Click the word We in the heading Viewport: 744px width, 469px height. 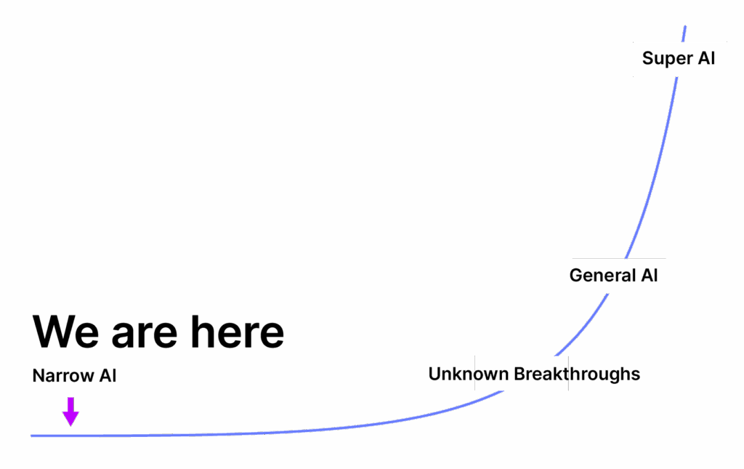tap(66, 332)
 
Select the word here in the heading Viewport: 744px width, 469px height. tap(237, 332)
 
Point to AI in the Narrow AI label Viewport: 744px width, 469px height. tap(108, 376)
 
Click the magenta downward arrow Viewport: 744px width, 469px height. tap(70, 412)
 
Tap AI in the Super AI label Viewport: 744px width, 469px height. tap(707, 58)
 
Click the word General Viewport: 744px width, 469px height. tap(602, 276)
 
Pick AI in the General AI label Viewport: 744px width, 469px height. tap(649, 276)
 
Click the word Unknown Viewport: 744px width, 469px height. tap(468, 374)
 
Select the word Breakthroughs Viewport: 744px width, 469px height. tap(577, 374)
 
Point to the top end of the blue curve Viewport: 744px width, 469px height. tap(684, 27)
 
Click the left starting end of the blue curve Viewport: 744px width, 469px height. tap(32, 436)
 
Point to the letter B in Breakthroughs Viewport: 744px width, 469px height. tap(519, 374)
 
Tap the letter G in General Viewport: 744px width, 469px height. tap(576, 276)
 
